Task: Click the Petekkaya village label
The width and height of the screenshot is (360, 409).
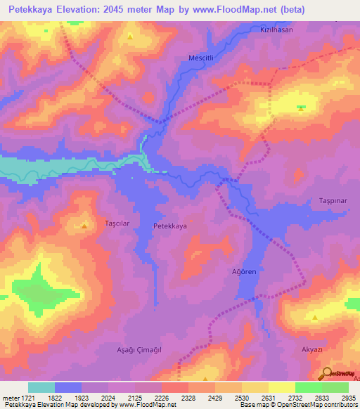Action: click(x=170, y=227)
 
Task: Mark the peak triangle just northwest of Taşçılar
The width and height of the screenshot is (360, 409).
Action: click(x=84, y=226)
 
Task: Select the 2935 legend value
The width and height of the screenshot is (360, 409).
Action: click(x=349, y=397)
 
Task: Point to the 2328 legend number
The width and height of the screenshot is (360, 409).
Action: click(x=188, y=397)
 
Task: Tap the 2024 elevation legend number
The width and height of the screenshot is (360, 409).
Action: click(x=109, y=397)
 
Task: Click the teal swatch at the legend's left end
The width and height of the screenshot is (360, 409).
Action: click(x=41, y=387)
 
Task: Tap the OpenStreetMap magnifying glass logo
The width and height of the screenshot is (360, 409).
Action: click(x=326, y=373)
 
